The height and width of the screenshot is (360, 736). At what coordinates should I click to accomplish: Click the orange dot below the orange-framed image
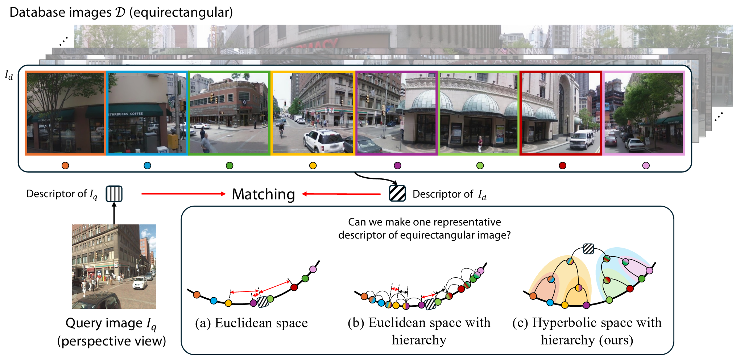[65, 166]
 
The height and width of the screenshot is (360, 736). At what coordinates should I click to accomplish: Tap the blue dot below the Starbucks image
[147, 166]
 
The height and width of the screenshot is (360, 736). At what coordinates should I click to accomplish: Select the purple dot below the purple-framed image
[397, 166]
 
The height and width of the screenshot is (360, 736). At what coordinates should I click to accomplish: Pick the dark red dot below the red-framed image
[562, 166]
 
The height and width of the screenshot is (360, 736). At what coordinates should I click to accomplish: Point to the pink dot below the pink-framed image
[646, 166]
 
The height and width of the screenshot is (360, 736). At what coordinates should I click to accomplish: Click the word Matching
[263, 194]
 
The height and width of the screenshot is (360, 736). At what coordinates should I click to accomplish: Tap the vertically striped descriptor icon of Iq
[114, 194]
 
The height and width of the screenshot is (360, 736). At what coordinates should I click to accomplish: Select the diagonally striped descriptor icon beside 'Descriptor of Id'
[397, 193]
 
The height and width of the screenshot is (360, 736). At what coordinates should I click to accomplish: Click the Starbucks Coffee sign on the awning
[126, 114]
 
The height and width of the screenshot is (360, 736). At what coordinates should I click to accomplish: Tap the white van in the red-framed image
[582, 140]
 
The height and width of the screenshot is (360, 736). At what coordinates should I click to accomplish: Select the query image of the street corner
[114, 266]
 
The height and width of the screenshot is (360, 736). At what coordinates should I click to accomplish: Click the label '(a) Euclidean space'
[251, 323]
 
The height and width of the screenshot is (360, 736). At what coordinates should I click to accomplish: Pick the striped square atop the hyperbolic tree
[588, 249]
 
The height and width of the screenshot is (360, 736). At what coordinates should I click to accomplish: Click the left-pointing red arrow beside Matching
[341, 194]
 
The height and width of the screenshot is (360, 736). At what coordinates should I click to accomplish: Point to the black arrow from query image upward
[114, 214]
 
